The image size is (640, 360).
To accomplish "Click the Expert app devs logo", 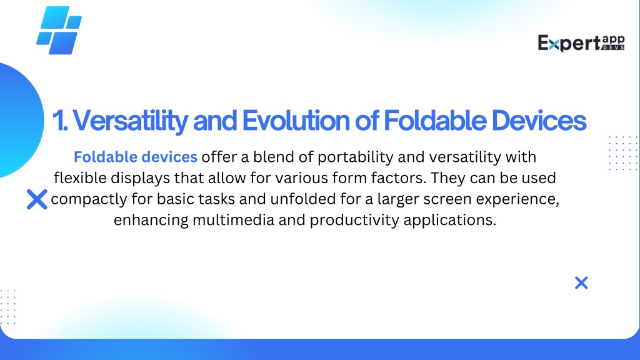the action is coord(581,43).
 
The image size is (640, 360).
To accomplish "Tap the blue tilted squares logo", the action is coord(59,30).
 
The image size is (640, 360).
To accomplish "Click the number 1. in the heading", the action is coord(59,121).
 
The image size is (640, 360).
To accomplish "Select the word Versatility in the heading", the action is coord(130,121).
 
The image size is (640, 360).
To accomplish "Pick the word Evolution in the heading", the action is coord(296,121).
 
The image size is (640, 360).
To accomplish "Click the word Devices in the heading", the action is coord(539,121).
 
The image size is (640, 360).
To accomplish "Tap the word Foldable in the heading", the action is coord(435,121).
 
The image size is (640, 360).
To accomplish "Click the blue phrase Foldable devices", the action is coord(136,157).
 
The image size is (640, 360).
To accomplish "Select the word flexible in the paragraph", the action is coord(80,178).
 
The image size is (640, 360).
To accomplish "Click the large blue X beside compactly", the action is coord(37,199).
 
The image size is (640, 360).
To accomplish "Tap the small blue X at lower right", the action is coord(581,282).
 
